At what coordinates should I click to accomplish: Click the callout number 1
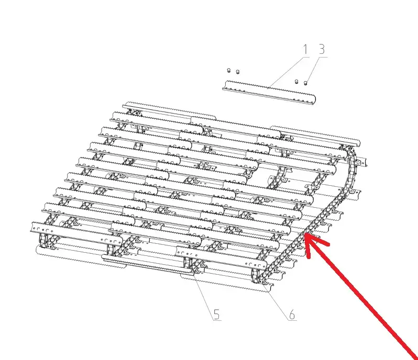pyautogui.click(x=305, y=50)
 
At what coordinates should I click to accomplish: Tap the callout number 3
pyautogui.click(x=322, y=50)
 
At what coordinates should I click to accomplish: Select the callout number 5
pyautogui.click(x=217, y=314)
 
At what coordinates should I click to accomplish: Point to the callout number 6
pyautogui.click(x=292, y=314)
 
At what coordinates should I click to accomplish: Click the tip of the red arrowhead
pyautogui.click(x=305, y=233)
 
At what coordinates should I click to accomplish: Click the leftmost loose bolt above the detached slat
pyautogui.click(x=228, y=71)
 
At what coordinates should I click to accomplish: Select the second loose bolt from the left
pyautogui.click(x=238, y=72)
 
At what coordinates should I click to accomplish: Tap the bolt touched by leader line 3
pyautogui.click(x=305, y=83)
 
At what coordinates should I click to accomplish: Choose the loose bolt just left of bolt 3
pyautogui.click(x=296, y=82)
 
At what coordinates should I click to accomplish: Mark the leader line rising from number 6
pyautogui.click(x=277, y=301)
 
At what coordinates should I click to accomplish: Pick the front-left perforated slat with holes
pyautogui.click(x=76, y=232)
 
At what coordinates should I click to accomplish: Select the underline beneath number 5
pyautogui.click(x=217, y=320)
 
